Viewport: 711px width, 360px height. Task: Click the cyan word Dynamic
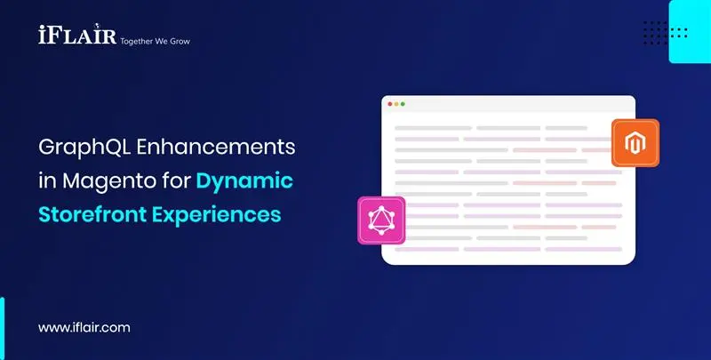(x=244, y=182)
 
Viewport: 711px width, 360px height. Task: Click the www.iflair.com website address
(x=84, y=328)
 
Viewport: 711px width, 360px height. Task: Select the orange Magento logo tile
(x=635, y=142)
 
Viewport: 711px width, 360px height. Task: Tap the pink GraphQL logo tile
(x=380, y=220)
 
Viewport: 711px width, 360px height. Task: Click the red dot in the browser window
(x=389, y=104)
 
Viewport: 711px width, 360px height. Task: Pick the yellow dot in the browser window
(x=396, y=104)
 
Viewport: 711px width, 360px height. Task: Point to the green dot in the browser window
(x=403, y=104)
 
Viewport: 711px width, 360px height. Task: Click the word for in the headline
(x=174, y=182)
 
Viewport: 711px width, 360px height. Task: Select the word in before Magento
(x=47, y=182)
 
